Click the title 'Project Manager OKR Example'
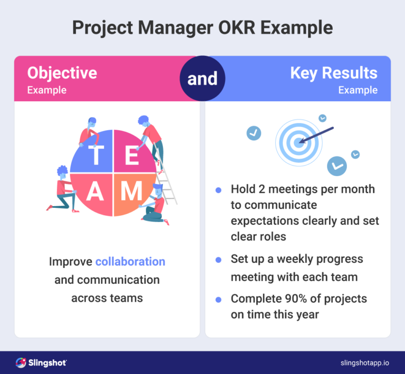coord(202,27)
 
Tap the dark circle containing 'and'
coord(202,79)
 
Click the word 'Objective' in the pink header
coord(62,73)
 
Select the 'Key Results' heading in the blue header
coord(333,73)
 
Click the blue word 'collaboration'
coord(130,262)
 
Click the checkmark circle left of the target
coord(254,133)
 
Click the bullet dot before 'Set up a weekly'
coord(218,260)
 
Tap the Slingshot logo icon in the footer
coord(21,362)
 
